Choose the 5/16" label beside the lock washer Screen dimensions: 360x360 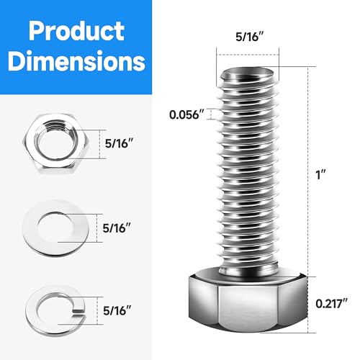click(119, 310)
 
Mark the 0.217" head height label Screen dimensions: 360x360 click(328, 303)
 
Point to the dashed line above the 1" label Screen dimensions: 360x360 click(311, 115)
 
